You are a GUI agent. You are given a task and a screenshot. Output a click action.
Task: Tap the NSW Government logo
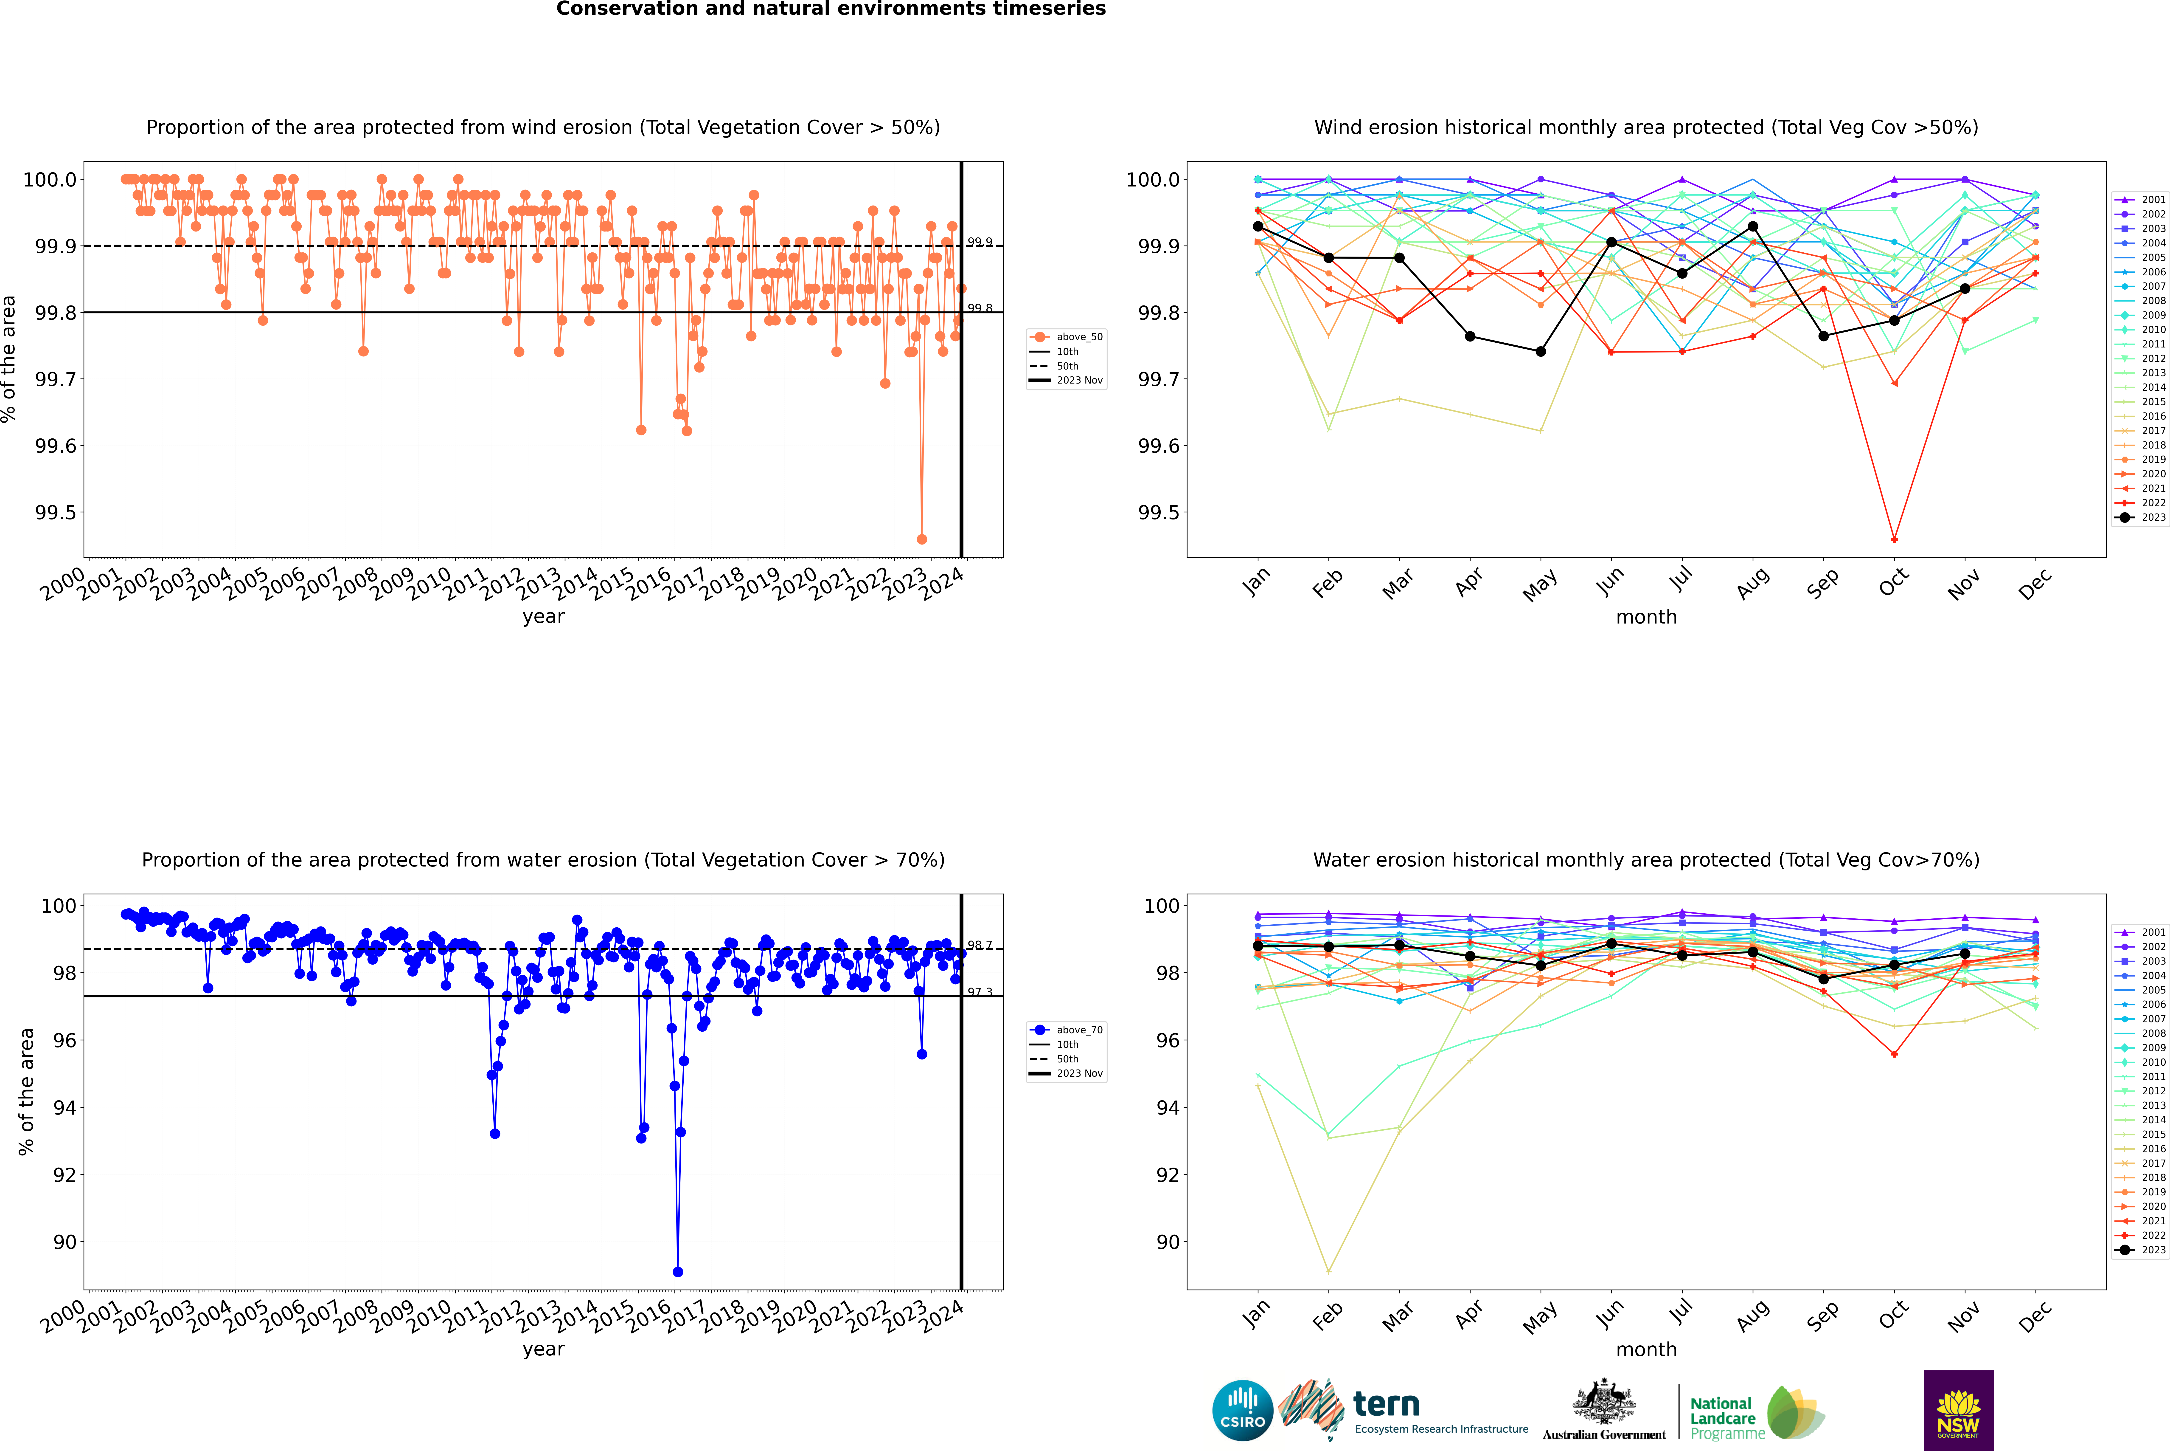click(1958, 1410)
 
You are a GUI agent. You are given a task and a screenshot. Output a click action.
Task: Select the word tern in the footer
click(1386, 1405)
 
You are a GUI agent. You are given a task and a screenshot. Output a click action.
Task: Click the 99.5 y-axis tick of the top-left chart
click(56, 513)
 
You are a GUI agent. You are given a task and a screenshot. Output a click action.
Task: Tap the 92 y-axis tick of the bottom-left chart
click(65, 1175)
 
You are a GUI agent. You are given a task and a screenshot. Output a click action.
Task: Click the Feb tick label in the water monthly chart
click(1327, 1315)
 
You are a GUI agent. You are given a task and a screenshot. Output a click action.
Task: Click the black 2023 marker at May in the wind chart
click(1540, 352)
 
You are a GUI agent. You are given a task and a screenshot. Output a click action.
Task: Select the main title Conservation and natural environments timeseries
click(831, 9)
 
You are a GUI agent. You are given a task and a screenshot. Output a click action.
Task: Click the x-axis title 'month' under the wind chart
click(1645, 617)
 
